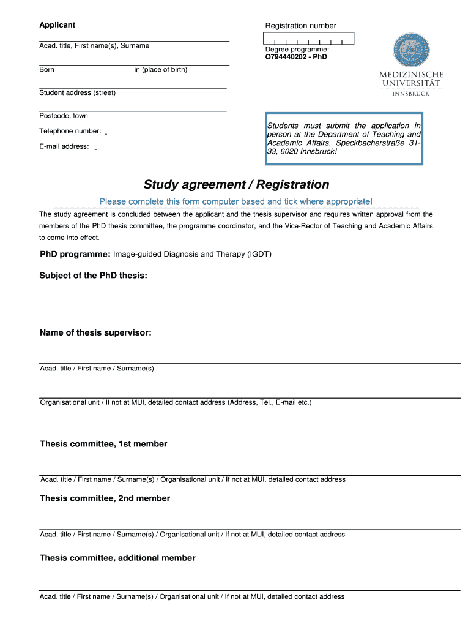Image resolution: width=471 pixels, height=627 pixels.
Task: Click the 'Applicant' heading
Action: (57, 25)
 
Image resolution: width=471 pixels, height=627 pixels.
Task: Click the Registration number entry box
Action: (310, 39)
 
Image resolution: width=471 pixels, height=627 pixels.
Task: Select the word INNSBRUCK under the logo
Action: (410, 94)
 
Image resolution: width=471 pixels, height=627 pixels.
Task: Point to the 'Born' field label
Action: (47, 70)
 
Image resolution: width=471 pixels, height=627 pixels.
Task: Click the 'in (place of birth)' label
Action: (161, 70)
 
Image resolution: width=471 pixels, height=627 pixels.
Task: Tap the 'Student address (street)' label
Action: (77, 93)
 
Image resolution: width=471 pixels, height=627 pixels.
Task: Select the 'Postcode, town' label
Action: (64, 116)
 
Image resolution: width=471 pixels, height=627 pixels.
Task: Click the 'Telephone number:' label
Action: (70, 131)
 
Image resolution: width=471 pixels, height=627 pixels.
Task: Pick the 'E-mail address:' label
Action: (64, 146)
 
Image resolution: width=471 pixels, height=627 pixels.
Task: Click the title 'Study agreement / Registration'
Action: (236, 184)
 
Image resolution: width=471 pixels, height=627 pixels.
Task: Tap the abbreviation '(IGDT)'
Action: (259, 254)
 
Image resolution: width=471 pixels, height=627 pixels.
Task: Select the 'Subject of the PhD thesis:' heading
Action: (93, 276)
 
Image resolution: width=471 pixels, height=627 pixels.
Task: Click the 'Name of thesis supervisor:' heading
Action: (95, 333)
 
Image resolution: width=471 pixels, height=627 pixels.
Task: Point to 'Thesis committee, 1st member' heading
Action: (103, 444)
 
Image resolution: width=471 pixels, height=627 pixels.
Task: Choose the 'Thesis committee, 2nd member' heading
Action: (105, 498)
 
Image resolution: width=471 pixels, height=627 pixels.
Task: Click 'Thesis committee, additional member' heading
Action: (117, 558)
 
